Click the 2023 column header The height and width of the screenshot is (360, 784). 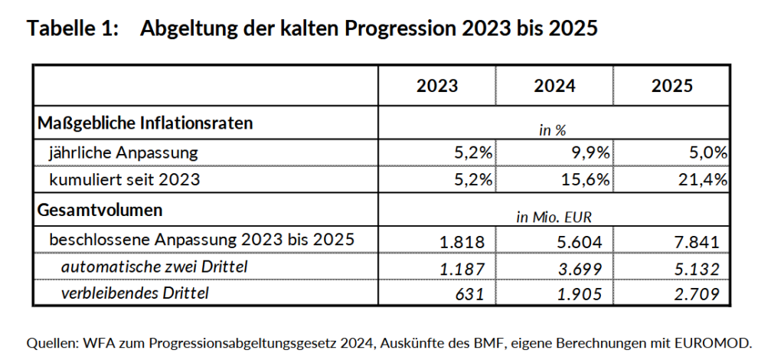437,85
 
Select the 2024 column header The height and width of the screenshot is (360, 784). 554,85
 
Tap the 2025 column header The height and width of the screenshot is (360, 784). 671,85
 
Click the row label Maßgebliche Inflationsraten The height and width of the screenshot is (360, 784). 145,123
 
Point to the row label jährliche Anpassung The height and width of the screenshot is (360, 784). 123,152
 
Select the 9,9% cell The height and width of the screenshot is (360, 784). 590,152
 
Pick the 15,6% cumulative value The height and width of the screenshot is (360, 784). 586,181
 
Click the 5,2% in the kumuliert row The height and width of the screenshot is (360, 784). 472,181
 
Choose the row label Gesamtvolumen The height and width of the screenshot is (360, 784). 100,209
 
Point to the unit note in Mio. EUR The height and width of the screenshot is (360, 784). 554,218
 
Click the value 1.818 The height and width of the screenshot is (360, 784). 462,243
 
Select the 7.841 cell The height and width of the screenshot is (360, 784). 697,243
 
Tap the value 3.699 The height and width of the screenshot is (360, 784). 580,269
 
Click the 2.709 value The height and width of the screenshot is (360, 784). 697,293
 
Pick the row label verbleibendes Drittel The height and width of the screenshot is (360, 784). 135,292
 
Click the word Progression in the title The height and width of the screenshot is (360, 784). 401,29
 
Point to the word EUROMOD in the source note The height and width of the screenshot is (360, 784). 715,342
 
